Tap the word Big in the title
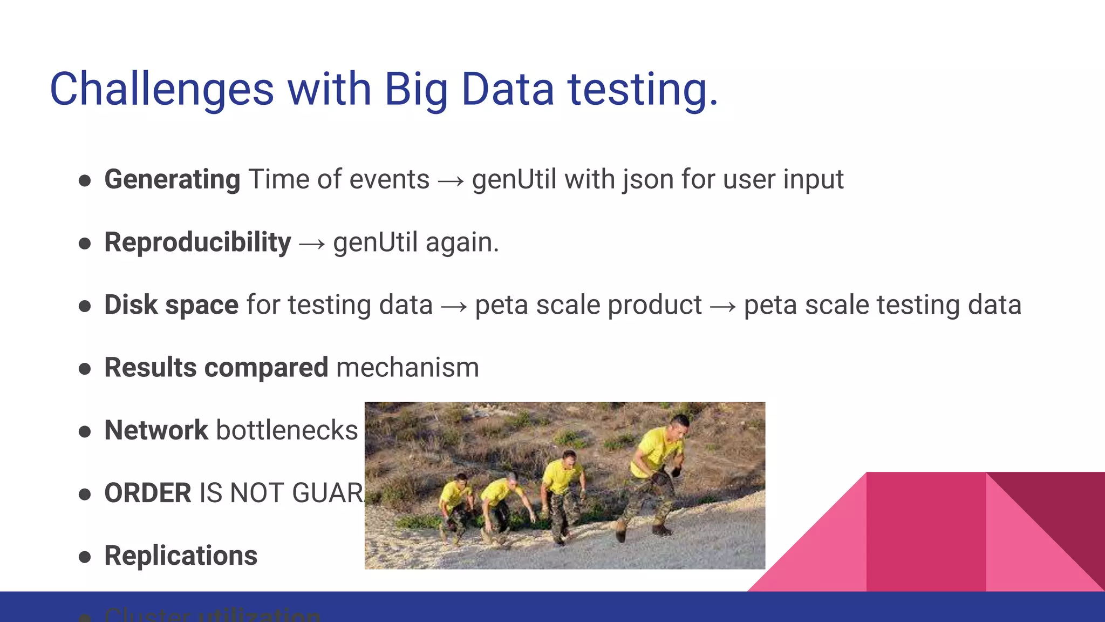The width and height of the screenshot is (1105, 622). pyautogui.click(x=415, y=89)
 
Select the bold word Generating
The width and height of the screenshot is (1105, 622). pyautogui.click(x=172, y=179)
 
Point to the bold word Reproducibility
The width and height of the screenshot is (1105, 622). pyautogui.click(x=197, y=242)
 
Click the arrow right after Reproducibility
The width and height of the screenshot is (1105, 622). pyautogui.click(x=312, y=244)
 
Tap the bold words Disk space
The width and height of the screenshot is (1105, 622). pyautogui.click(x=171, y=305)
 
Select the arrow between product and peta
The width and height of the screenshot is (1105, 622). pyautogui.click(x=723, y=307)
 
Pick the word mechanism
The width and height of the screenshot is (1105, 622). pyautogui.click(x=407, y=368)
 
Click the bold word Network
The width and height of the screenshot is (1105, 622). pyautogui.click(x=156, y=430)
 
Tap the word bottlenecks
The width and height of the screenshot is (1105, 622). pyautogui.click(x=287, y=430)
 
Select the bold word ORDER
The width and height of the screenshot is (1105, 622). pyautogui.click(x=147, y=493)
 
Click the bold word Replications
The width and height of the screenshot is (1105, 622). pyautogui.click(x=181, y=556)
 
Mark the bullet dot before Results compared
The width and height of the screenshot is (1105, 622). pyautogui.click(x=85, y=369)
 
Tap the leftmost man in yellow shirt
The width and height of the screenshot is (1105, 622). pyautogui.click(x=454, y=502)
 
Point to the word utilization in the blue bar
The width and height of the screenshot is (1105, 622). pyautogui.click(x=259, y=616)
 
